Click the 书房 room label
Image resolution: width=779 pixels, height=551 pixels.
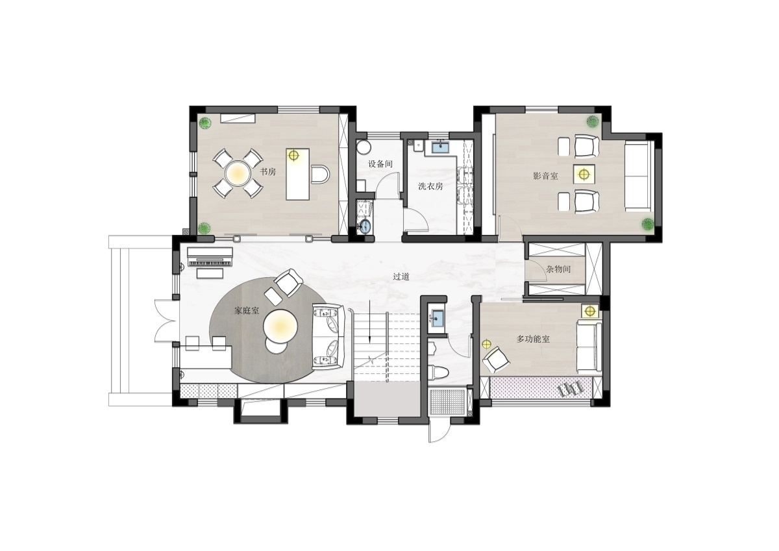point(268,172)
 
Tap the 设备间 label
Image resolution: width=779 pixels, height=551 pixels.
point(380,164)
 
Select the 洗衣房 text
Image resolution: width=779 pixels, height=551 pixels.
point(430,186)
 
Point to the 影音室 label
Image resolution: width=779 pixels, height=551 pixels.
point(545,176)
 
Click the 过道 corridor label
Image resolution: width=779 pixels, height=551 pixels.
point(401,276)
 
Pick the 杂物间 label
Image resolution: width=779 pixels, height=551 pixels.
point(558,269)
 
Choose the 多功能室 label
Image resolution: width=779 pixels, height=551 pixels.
point(533,339)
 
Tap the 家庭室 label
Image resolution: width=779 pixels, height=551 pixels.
point(247,310)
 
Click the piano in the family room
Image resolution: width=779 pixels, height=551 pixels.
point(210,257)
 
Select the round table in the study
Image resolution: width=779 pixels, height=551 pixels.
point(238,173)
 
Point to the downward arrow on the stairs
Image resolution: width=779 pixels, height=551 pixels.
point(369,321)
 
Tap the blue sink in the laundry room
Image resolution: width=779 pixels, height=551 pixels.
point(440,147)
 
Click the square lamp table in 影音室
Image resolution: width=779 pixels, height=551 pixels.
point(584,173)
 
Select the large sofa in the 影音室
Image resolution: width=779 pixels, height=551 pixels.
point(637,176)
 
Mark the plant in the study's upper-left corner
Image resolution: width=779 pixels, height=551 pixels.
point(205,123)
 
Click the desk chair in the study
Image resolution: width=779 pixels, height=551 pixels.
point(320,174)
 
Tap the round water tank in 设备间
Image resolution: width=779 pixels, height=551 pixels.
point(364,147)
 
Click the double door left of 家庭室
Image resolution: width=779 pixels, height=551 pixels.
point(166,321)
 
